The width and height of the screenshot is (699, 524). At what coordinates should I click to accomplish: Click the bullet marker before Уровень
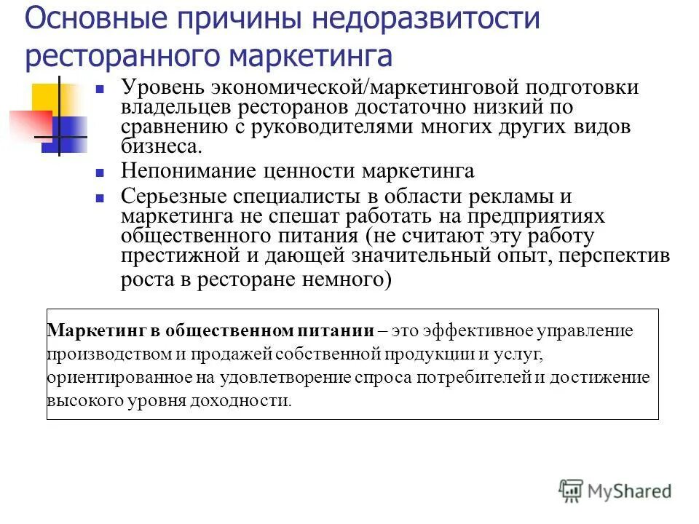[x=103, y=91]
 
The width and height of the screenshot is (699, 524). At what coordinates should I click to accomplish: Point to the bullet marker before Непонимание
[x=103, y=174]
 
